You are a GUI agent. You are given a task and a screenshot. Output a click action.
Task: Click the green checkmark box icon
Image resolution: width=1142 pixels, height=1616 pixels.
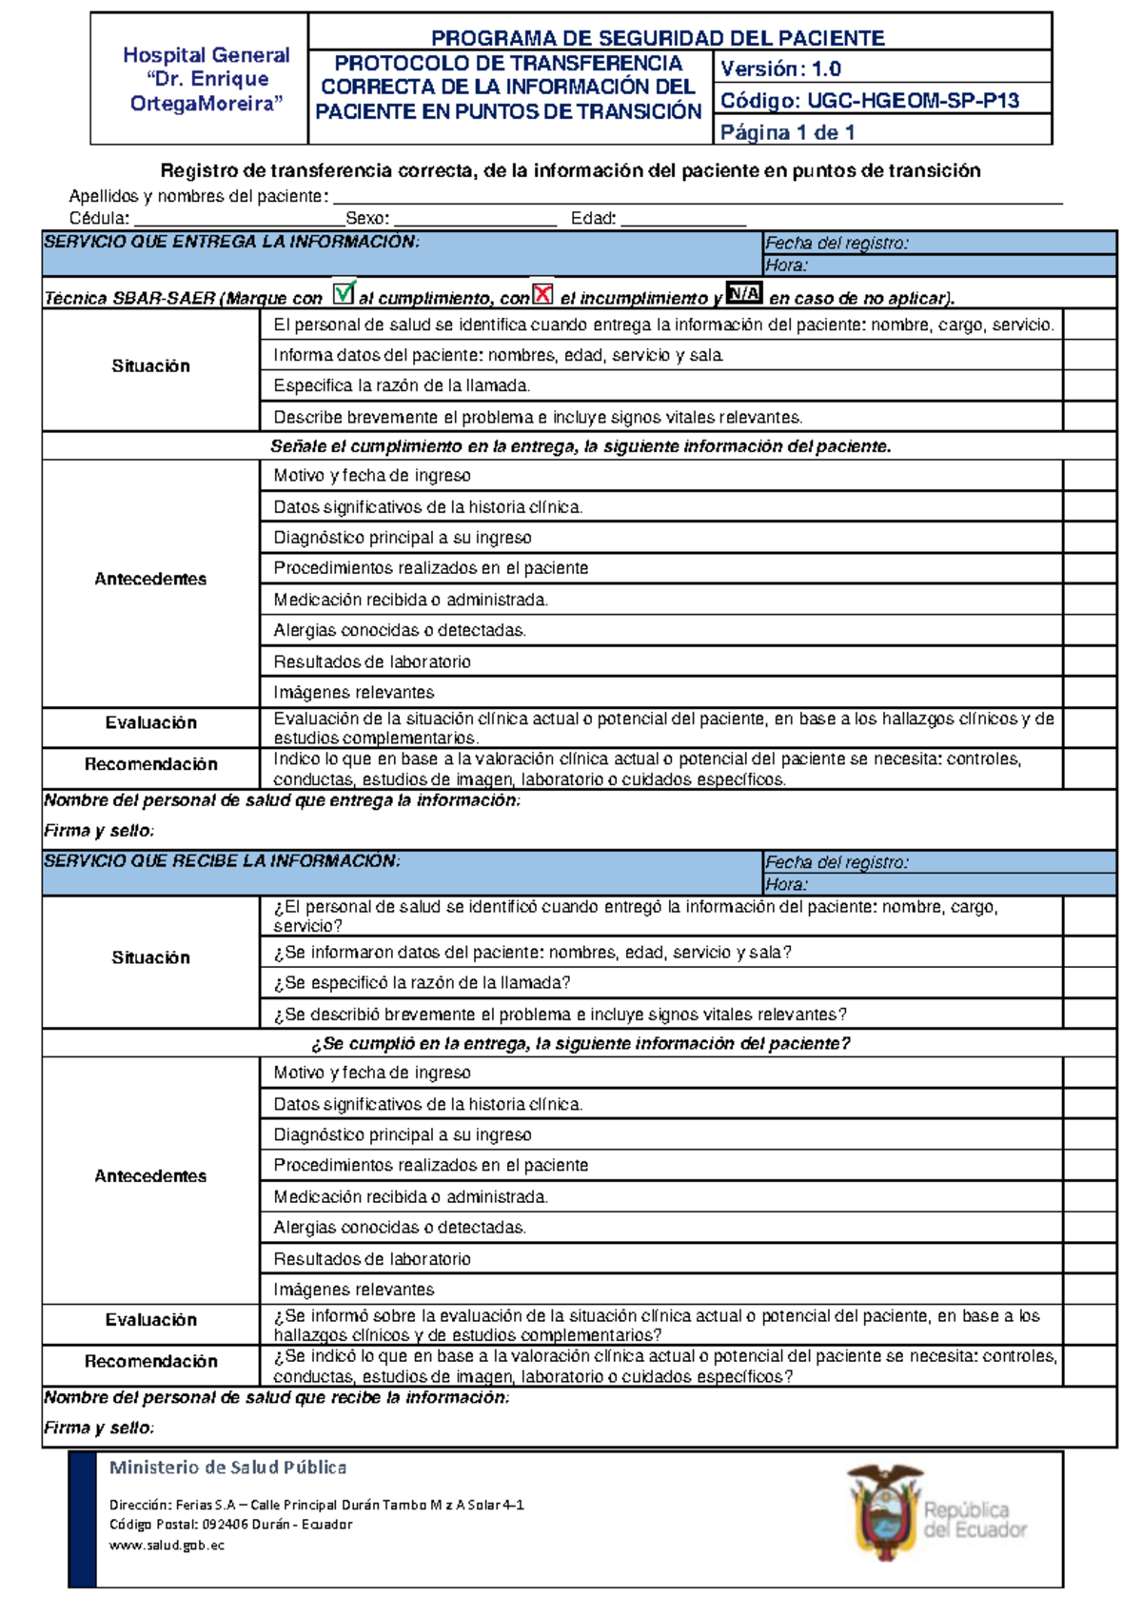344,292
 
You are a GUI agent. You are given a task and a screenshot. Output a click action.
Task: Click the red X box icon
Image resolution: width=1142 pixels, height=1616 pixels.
542,293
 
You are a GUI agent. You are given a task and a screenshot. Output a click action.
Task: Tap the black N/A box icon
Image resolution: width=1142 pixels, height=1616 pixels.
744,293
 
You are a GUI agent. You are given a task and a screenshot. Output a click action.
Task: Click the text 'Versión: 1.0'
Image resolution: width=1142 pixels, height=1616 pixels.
780,69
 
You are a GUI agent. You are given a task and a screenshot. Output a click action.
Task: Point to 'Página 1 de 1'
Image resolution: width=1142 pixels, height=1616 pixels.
787,132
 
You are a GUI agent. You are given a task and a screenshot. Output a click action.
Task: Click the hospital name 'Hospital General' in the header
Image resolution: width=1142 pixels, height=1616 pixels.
207,55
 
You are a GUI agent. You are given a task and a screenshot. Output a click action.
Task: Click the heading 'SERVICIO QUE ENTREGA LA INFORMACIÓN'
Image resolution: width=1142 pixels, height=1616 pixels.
231,242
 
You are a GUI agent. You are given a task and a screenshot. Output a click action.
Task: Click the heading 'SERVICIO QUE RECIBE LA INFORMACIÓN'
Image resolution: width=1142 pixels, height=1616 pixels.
222,861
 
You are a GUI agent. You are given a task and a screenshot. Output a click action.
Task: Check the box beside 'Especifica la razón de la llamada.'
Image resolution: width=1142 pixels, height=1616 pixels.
1090,385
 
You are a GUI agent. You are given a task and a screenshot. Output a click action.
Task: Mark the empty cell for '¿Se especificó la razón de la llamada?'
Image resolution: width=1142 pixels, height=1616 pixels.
1090,983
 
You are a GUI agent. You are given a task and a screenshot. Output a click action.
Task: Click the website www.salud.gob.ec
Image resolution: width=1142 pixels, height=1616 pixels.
167,1546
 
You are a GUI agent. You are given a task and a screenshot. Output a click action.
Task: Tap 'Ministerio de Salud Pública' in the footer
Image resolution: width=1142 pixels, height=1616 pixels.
227,1468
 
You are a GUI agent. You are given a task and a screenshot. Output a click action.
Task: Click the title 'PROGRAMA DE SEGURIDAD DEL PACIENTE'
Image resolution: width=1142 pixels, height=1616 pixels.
658,38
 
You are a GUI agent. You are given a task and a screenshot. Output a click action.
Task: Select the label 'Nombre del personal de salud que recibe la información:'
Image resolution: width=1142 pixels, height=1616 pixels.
277,1398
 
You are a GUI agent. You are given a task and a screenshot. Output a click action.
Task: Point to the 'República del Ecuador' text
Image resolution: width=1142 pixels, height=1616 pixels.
975,1520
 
